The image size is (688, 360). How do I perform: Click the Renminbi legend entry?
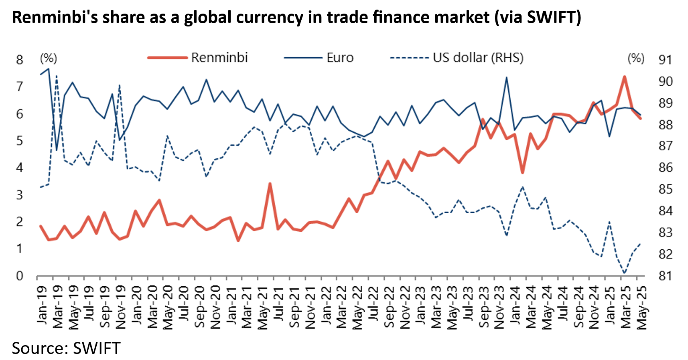click(219, 58)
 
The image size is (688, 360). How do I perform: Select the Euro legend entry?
click(340, 58)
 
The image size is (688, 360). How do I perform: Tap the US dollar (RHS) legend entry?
click(478, 58)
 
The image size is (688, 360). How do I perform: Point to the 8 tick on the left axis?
click(20, 60)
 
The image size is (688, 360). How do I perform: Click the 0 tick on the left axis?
click(20, 276)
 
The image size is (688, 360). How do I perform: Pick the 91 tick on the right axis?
click(665, 60)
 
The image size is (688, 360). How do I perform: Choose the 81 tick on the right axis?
click(665, 276)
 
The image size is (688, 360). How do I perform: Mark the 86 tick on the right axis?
click(665, 168)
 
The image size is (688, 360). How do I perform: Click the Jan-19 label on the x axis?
click(42, 305)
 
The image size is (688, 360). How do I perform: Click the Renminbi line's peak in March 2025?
click(625, 77)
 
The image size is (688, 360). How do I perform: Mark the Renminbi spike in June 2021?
click(270, 184)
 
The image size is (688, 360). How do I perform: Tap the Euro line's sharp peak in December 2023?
click(506, 78)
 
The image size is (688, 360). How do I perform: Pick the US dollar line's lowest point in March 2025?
click(625, 273)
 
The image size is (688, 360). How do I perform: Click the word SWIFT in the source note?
click(97, 348)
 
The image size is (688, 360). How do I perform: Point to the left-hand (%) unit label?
click(49, 59)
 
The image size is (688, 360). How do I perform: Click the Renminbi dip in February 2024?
click(522, 173)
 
